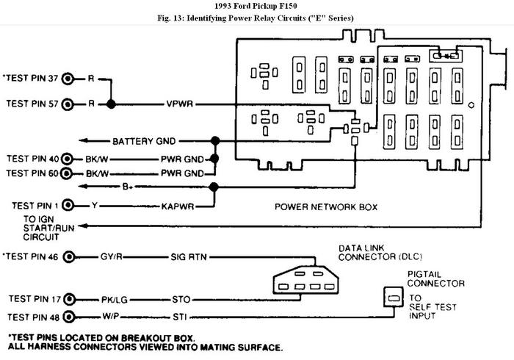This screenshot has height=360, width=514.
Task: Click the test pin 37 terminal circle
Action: click(x=68, y=79)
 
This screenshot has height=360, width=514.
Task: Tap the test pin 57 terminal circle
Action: click(x=68, y=104)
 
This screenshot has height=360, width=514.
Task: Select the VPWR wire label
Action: click(x=180, y=104)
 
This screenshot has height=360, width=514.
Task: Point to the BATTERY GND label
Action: click(x=144, y=141)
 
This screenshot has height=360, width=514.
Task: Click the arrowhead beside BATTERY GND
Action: click(x=83, y=140)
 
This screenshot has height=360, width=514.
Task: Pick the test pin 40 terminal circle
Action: click(x=68, y=159)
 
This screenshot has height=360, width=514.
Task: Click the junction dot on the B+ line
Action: click(x=214, y=187)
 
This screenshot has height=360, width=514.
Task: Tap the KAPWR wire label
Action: click(x=178, y=206)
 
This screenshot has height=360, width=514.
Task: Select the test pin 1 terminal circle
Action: click(x=68, y=205)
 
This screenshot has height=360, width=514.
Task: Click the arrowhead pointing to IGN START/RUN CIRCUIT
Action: click(x=83, y=226)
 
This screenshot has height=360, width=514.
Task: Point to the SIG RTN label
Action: click(x=189, y=256)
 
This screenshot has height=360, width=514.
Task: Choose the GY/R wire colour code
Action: click(x=112, y=256)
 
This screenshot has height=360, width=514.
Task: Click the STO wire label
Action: click(x=181, y=299)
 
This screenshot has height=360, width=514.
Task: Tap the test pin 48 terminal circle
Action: click(x=69, y=317)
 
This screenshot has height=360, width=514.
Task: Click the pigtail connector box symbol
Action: click(x=394, y=297)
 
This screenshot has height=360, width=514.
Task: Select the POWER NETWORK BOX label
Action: click(x=326, y=207)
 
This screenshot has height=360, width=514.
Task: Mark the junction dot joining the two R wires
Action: click(x=111, y=104)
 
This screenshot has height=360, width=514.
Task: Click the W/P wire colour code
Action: click(x=110, y=317)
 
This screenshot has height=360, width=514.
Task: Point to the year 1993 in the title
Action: click(x=222, y=6)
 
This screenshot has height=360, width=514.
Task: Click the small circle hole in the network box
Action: click(x=471, y=105)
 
